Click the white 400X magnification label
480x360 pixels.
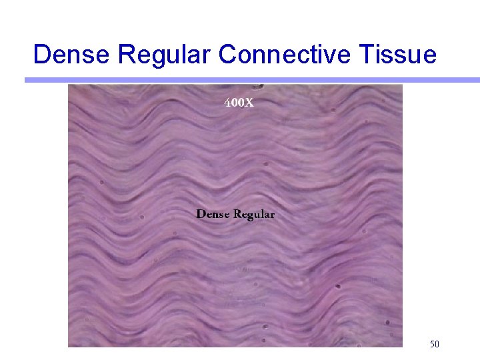click(238, 103)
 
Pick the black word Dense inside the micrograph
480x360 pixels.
click(213, 214)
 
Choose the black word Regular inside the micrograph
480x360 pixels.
click(253, 215)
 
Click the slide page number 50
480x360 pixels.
click(434, 344)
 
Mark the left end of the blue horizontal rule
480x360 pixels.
click(27, 80)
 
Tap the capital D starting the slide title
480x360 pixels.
click(42, 54)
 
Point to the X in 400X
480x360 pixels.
click(248, 103)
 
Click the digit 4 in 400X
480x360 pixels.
click(227, 103)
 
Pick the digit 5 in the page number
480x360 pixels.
click(432, 344)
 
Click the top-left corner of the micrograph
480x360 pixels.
click(68, 85)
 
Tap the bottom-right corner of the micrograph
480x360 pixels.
click(403, 347)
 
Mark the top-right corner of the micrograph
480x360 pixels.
click(403, 85)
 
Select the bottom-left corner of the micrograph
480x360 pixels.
click(68, 347)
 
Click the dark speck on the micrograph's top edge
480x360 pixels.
click(259, 85)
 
